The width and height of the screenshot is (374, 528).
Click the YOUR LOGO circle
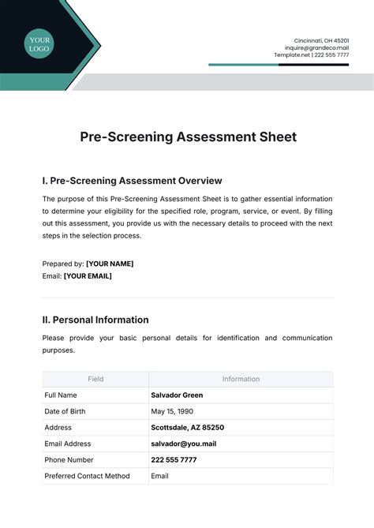tap(39, 44)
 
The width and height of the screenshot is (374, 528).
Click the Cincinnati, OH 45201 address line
tap(322, 40)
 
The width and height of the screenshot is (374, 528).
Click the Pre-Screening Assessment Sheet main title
tap(188, 137)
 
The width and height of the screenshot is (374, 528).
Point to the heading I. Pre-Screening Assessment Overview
tap(132, 181)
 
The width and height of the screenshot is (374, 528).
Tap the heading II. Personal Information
tap(95, 320)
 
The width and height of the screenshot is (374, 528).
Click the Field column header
tap(95, 379)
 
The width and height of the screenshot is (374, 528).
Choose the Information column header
tap(241, 379)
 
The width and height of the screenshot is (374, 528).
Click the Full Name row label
tap(61, 395)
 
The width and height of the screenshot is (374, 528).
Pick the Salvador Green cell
tap(177, 395)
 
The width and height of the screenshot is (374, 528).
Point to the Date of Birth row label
tap(65, 411)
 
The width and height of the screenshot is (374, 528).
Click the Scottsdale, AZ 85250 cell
tap(187, 427)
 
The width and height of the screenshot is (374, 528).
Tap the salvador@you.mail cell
tap(183, 444)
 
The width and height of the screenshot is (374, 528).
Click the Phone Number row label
tap(69, 459)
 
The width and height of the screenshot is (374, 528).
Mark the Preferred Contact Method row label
tap(87, 476)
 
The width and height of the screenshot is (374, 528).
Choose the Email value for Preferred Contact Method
tap(159, 476)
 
